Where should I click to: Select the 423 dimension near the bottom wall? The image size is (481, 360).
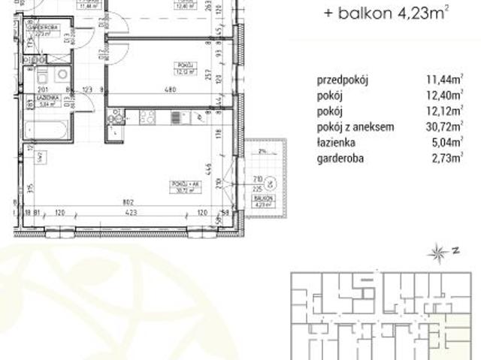pos(131,213)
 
